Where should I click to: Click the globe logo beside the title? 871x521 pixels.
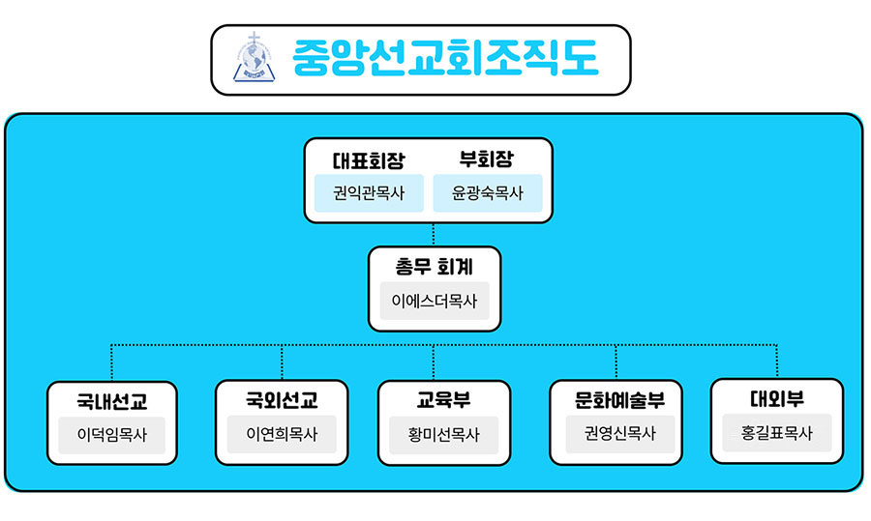tap(254, 57)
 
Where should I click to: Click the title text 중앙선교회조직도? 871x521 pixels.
tap(445, 58)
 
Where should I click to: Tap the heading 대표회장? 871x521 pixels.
tap(369, 160)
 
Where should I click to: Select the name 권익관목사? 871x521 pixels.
tap(369, 193)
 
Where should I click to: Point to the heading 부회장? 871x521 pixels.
tap(487, 159)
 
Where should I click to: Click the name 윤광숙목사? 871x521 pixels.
tap(487, 193)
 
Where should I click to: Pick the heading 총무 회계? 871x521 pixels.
tap(434, 267)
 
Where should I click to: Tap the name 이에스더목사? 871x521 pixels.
tap(435, 301)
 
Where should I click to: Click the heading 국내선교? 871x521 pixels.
tap(111, 401)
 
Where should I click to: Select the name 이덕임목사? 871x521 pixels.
tap(111, 434)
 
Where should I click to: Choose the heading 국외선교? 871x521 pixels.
tap(282, 399)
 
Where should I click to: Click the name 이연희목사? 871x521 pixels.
tap(282, 433)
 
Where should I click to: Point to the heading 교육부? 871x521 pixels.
tap(444, 399)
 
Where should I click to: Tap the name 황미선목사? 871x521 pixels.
tap(444, 434)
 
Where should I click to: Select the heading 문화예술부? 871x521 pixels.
tap(619, 399)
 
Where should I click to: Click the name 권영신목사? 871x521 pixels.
tap(620, 433)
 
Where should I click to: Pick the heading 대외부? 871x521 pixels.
tap(776, 398)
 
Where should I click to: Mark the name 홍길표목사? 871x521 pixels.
tap(776, 432)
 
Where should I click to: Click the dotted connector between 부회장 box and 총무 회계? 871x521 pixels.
tap(434, 235)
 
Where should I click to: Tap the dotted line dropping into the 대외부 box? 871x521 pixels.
tap(776, 362)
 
